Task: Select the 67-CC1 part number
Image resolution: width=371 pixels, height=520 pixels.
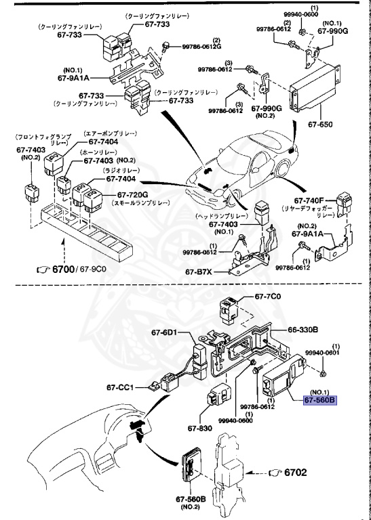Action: point(124,388)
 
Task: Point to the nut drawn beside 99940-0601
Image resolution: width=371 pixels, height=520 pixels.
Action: point(324,373)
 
